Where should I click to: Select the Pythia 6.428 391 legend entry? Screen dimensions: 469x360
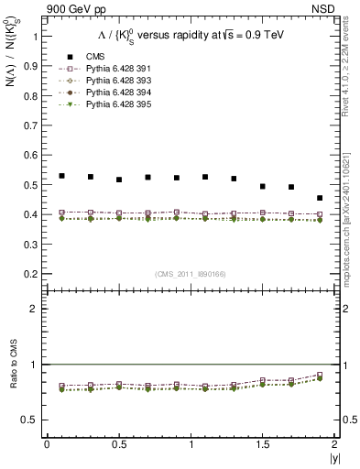pos(108,69)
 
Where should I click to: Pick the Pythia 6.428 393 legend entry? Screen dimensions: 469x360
pos(108,81)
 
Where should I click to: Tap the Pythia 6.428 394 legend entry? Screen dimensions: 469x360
pos(108,93)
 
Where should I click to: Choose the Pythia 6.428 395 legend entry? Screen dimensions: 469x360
pos(108,104)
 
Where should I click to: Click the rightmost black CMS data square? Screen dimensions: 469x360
pos(320,198)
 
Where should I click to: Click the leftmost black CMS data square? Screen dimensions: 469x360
pos(61,176)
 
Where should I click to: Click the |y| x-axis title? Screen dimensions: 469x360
pos(333,457)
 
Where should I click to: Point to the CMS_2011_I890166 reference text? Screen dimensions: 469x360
pos(189,274)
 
